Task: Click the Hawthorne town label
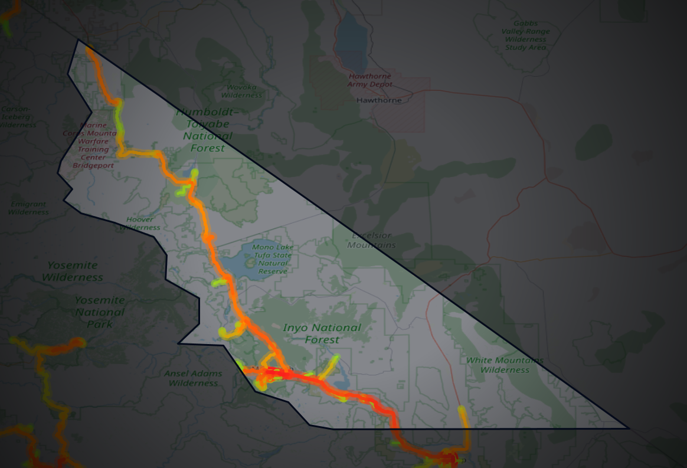379,100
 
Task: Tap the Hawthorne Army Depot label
369,80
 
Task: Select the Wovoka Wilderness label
241,91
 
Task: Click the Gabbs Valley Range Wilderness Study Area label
525,35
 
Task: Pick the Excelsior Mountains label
372,240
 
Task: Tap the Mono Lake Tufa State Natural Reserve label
273,259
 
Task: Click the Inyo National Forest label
322,333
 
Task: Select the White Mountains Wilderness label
505,365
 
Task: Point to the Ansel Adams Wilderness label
193,378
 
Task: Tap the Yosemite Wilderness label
73,271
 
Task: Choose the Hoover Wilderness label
140,223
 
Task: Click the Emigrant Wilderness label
28,208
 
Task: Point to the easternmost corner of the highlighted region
629,428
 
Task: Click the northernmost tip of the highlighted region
78,40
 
